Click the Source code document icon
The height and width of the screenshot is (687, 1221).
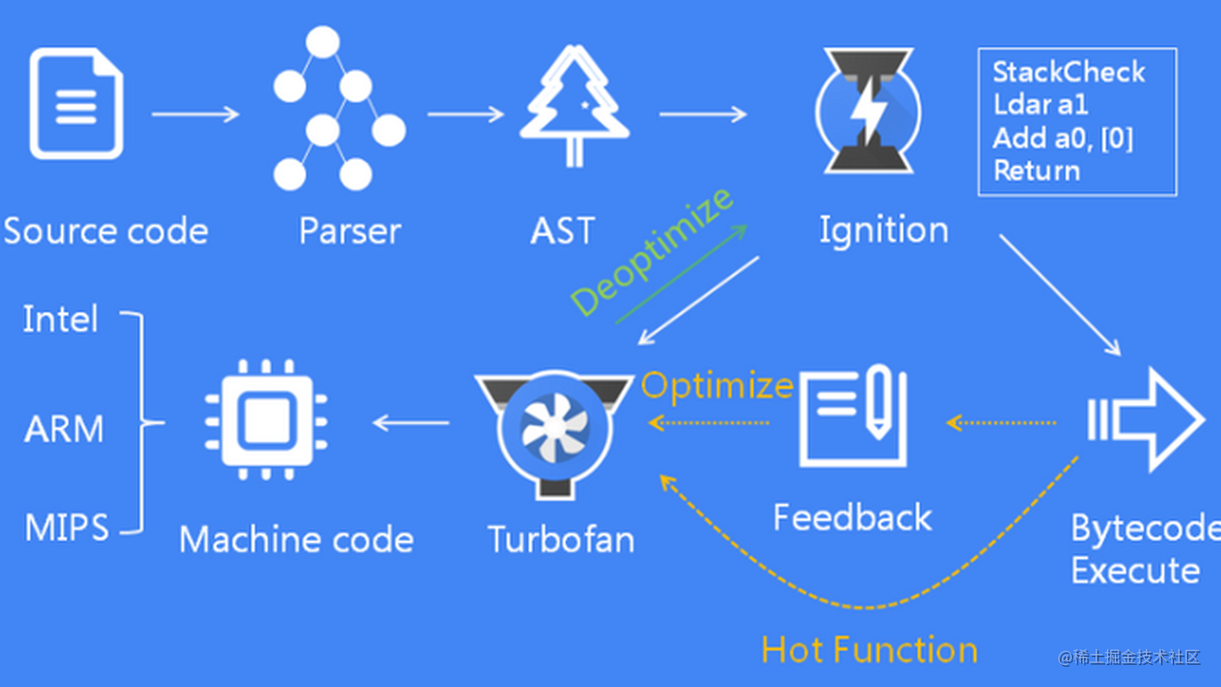[76, 105]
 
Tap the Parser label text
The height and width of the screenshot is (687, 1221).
[350, 231]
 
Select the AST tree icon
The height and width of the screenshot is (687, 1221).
[574, 107]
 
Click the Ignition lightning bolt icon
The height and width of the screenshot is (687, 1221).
[866, 111]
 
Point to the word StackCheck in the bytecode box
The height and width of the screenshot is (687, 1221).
[1068, 72]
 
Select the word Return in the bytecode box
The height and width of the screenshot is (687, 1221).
[1036, 171]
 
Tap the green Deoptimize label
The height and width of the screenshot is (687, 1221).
[652, 251]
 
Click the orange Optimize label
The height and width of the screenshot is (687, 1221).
[717, 386]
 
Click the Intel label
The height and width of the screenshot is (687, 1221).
[60, 319]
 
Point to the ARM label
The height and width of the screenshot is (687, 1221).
[64, 429]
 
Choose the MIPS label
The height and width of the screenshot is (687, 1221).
[66, 528]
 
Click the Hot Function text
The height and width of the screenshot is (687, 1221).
[869, 650]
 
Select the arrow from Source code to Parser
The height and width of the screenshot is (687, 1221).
[195, 114]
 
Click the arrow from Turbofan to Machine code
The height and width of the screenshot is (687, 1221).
[410, 423]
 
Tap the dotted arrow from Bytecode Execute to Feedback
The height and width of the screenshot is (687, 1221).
[1001, 423]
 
